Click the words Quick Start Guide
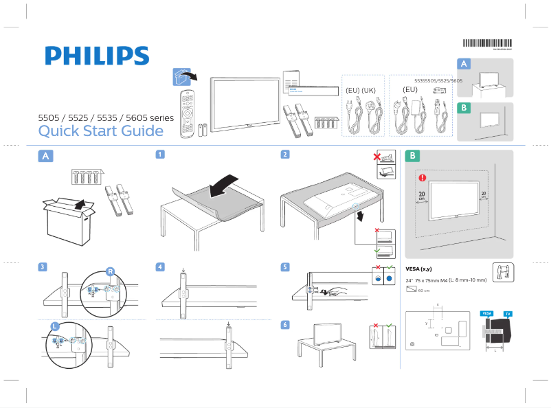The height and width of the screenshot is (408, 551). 100,131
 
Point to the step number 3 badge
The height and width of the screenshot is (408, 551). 43,267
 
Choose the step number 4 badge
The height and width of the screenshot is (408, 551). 160,267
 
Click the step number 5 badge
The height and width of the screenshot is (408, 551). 284,267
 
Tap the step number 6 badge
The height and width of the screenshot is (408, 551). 284,324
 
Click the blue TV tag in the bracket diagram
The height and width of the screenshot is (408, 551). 508,313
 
